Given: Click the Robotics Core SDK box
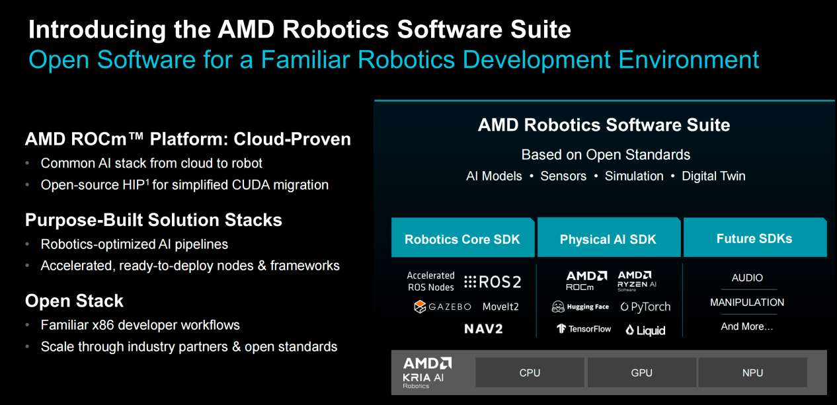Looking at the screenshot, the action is click(463, 237).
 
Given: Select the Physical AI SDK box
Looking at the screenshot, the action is click(609, 237).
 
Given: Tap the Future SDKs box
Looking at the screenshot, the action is click(755, 237).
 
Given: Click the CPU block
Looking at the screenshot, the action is click(530, 373).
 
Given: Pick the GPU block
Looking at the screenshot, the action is click(641, 373).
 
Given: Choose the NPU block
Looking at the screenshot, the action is click(752, 373).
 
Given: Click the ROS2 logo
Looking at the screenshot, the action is click(493, 282).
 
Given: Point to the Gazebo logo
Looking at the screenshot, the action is click(442, 307).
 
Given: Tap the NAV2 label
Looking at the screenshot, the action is click(483, 329).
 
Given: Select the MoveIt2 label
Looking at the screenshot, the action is click(500, 307).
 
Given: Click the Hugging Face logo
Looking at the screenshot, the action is click(580, 307).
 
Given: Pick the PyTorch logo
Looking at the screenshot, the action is click(645, 307).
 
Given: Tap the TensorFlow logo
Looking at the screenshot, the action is click(584, 329).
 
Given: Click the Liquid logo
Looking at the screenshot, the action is click(645, 330).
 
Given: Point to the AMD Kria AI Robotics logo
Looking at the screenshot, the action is click(427, 373).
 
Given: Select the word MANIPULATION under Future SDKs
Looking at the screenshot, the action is click(747, 303).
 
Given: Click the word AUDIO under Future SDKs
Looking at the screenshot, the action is click(747, 277).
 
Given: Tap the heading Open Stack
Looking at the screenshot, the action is click(74, 301).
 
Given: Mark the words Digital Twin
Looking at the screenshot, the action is click(713, 176).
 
